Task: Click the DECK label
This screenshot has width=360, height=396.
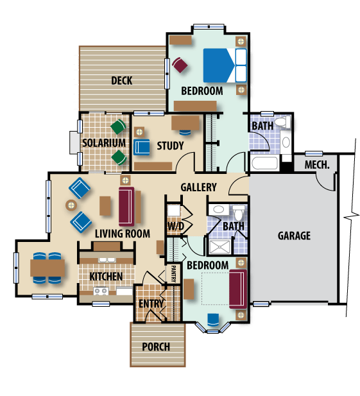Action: (122, 81)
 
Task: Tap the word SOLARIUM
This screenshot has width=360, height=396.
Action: (104, 143)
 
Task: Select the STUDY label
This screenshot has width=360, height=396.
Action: (170, 146)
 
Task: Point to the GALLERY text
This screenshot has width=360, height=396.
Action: (198, 187)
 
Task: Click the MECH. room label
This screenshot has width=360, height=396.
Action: (317, 165)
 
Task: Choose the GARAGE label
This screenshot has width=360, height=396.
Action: (294, 236)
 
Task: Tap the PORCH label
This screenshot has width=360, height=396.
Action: (156, 347)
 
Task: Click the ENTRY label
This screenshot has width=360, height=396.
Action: (151, 304)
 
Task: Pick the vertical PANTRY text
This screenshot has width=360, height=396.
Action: (173, 273)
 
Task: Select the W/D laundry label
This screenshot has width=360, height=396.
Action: (176, 226)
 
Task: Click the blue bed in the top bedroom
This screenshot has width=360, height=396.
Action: (225, 65)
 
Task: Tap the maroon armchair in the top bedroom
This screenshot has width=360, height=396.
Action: (180, 65)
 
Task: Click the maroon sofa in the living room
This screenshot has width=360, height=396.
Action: (126, 206)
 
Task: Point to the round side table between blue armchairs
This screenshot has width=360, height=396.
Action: (71, 205)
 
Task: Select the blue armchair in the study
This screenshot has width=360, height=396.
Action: (141, 147)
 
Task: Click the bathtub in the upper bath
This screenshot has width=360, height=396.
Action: (265, 163)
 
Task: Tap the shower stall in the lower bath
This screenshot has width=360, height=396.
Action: (220, 246)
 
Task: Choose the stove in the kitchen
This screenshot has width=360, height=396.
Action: (101, 291)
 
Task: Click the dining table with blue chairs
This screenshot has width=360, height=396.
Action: (47, 268)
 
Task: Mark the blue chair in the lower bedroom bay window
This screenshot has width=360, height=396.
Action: (213, 320)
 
